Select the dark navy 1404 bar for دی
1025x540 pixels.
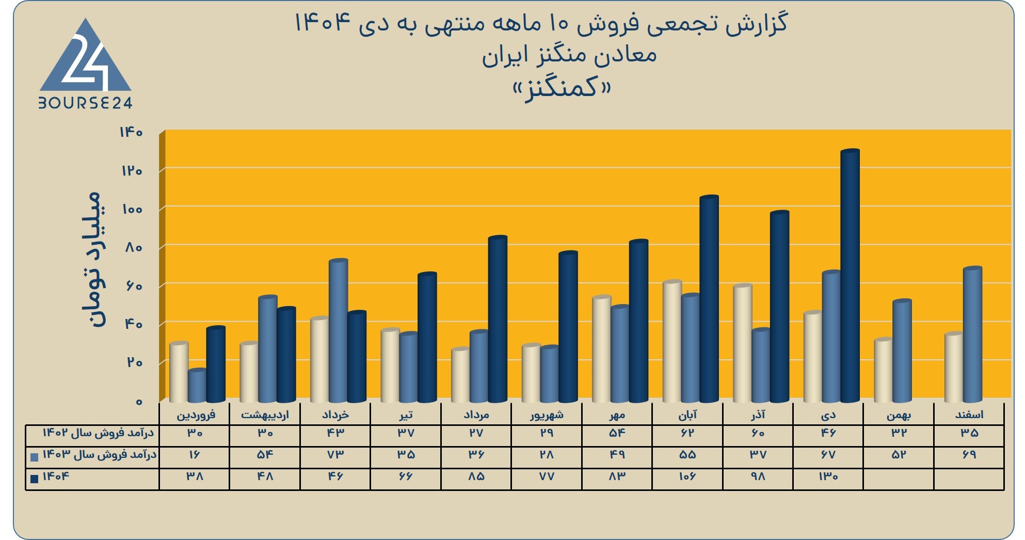tap(850, 276)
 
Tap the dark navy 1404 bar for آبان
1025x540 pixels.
tap(709, 299)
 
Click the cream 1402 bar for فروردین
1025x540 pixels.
tap(179, 372)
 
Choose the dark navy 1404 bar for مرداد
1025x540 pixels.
tap(498, 319)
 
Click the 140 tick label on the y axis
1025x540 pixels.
tap(131, 132)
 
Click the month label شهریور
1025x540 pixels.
tap(547, 415)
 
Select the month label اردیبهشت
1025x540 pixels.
tap(265, 415)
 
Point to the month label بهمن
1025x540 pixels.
tap(899, 415)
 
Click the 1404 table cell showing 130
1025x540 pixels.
tap(828, 477)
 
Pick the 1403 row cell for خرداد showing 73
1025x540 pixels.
tap(335, 455)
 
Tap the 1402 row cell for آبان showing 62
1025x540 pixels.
tap(687, 433)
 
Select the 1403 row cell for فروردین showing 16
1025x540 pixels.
tap(194, 455)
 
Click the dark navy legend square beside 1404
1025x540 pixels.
tap(35, 479)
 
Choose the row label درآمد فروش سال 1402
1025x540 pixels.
tap(98, 433)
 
